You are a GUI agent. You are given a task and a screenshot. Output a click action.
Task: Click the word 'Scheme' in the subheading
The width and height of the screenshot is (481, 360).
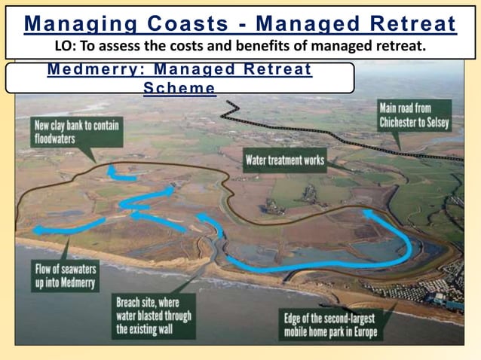pos(179,88)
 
